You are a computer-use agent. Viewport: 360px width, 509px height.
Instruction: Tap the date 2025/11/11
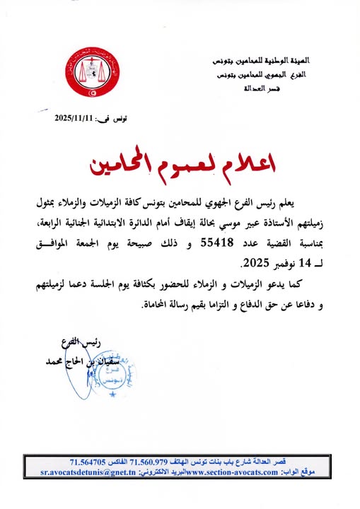pos(74,118)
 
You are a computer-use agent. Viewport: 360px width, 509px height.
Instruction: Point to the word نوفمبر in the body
pos(267,263)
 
